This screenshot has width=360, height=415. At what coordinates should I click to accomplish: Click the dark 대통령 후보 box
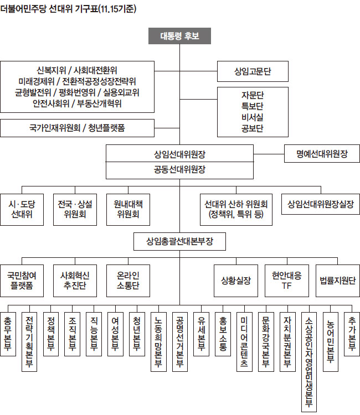click(x=179, y=37)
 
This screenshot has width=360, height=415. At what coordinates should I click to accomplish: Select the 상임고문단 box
click(x=253, y=71)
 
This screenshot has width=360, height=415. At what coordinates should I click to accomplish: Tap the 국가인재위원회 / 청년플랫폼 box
click(x=77, y=128)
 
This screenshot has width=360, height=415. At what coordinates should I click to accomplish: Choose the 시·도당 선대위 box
click(x=22, y=209)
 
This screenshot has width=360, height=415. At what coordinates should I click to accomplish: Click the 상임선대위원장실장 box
click(x=321, y=203)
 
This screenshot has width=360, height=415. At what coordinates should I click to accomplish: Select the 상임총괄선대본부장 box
click(x=180, y=241)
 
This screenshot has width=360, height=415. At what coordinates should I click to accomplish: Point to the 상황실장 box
click(x=233, y=280)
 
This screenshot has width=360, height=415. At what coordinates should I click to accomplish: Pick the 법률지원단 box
click(x=334, y=280)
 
